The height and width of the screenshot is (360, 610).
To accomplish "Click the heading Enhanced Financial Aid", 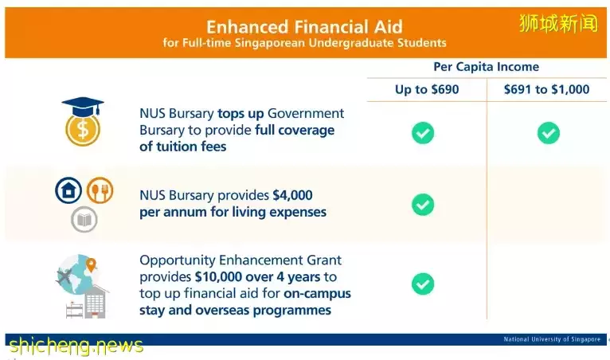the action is pos(304,27).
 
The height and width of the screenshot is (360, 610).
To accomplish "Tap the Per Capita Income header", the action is pos(487,67).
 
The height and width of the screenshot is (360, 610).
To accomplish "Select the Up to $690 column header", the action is pos(427,89).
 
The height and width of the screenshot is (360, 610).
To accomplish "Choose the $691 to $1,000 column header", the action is pos(546,89).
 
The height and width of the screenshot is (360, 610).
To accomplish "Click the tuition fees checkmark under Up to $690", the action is pos(423,133).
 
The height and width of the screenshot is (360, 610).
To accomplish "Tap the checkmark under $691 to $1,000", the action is pos(549,133).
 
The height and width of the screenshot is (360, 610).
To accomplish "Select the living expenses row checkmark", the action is pos(423,205).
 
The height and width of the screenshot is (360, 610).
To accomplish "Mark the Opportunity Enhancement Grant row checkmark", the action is pos(423,284).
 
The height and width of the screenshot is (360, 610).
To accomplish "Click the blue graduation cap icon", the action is pos(83,106).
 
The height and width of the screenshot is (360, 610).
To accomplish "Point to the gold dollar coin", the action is pos(83,130).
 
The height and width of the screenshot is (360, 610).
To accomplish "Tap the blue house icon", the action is pos(68,190).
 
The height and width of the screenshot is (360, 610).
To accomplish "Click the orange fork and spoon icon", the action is pos(100,190).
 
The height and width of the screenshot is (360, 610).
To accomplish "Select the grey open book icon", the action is pos(84,220).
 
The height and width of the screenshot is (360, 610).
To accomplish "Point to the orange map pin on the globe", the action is pos(91,265).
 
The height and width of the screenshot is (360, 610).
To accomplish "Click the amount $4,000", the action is pos(292,195).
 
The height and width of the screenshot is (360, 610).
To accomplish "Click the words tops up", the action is pos(240,114).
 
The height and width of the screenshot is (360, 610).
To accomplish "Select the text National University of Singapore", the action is pos(552,339).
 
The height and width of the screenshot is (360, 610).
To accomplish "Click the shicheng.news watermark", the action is pos(76,345).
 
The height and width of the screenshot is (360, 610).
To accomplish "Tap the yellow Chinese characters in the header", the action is pos(558,23).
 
